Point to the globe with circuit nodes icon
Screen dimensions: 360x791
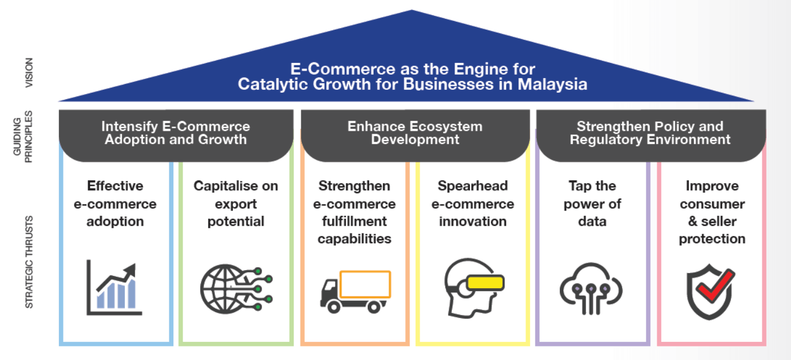tap(235, 288)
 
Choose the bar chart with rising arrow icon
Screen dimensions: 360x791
tap(114, 288)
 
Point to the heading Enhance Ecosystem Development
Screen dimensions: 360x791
tap(415, 133)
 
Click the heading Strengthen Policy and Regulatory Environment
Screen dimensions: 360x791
tap(650, 133)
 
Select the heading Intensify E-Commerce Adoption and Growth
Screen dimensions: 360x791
tap(176, 133)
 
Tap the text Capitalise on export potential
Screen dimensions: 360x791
tap(236, 204)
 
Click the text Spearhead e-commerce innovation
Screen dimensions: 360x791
tap(473, 204)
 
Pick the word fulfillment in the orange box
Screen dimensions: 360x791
tap(355, 222)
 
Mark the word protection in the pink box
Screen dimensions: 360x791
tap(712, 239)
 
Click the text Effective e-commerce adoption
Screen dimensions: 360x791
tap(116, 204)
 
